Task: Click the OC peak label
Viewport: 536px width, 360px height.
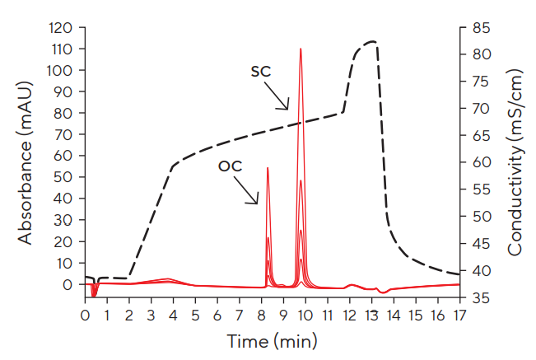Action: pos(230,166)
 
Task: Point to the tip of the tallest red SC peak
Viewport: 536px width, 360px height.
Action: pos(301,49)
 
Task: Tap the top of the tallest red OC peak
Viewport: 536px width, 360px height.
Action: pos(268,168)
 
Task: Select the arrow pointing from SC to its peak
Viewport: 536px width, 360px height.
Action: pos(280,97)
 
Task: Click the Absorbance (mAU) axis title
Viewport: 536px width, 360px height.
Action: pos(26,161)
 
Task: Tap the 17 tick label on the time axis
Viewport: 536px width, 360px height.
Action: pos(459,316)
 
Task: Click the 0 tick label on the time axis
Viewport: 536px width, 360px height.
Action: pos(84,316)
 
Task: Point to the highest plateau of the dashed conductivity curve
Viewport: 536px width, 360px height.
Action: pos(371,41)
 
